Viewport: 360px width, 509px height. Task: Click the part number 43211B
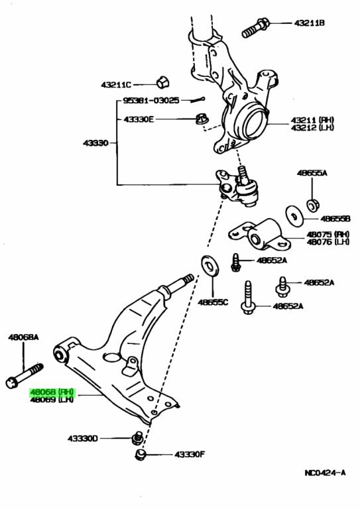(x=309, y=23)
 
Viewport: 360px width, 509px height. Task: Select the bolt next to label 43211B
(x=255, y=28)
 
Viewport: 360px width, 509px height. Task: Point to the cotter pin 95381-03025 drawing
(x=198, y=99)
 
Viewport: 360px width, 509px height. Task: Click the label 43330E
(x=139, y=119)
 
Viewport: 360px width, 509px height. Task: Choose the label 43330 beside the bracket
(x=95, y=143)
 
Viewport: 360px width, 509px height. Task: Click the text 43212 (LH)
(x=312, y=127)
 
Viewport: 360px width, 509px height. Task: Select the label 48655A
(x=312, y=173)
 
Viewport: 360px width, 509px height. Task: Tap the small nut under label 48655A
(x=313, y=205)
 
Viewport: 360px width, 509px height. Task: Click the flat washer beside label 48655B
(x=294, y=216)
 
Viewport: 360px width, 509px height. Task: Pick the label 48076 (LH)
(x=328, y=242)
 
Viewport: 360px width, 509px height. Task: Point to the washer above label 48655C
(x=210, y=266)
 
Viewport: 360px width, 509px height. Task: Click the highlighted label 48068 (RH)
(x=52, y=392)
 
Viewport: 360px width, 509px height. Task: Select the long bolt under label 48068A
(x=25, y=376)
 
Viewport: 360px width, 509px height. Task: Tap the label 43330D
(x=82, y=439)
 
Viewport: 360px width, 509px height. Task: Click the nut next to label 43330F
(x=140, y=454)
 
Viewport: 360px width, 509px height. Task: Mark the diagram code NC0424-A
(x=325, y=473)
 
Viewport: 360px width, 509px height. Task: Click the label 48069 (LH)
(x=52, y=399)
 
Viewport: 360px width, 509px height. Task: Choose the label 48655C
(x=213, y=302)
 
